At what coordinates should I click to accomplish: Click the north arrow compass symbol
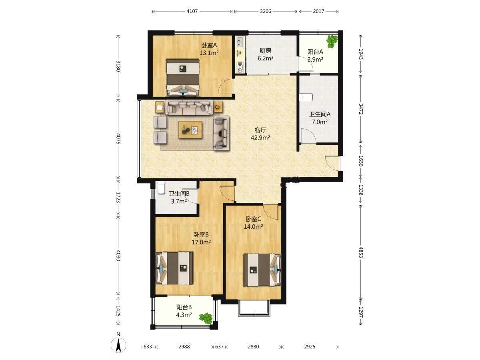pyautogui.click(x=118, y=344)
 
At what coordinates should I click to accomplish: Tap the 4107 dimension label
pyautogui.click(x=192, y=11)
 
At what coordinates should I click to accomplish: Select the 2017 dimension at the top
pyautogui.click(x=318, y=11)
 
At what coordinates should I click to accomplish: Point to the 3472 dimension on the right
pyautogui.click(x=361, y=109)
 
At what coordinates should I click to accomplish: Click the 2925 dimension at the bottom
pyautogui.click(x=310, y=347)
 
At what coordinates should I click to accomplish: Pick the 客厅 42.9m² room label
pyautogui.click(x=260, y=134)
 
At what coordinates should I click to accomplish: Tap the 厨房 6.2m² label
pyautogui.click(x=266, y=54)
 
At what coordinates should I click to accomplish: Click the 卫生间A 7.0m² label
pyautogui.click(x=320, y=118)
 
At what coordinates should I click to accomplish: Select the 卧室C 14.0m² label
pyautogui.click(x=253, y=223)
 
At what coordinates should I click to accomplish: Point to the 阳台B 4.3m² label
pyautogui.click(x=184, y=311)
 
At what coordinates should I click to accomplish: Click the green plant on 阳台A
pyautogui.click(x=332, y=41)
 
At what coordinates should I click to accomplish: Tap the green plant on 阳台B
pyautogui.click(x=206, y=319)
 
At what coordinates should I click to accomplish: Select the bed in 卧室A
pyautogui.click(x=183, y=77)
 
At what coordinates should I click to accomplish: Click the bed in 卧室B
pyautogui.click(x=174, y=268)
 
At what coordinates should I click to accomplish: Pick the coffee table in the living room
pyautogui.click(x=190, y=130)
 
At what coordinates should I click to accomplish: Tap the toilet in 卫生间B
pyautogui.click(x=161, y=188)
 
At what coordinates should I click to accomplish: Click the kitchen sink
pyautogui.click(x=240, y=42)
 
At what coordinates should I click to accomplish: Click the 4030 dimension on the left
pyautogui.click(x=118, y=255)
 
